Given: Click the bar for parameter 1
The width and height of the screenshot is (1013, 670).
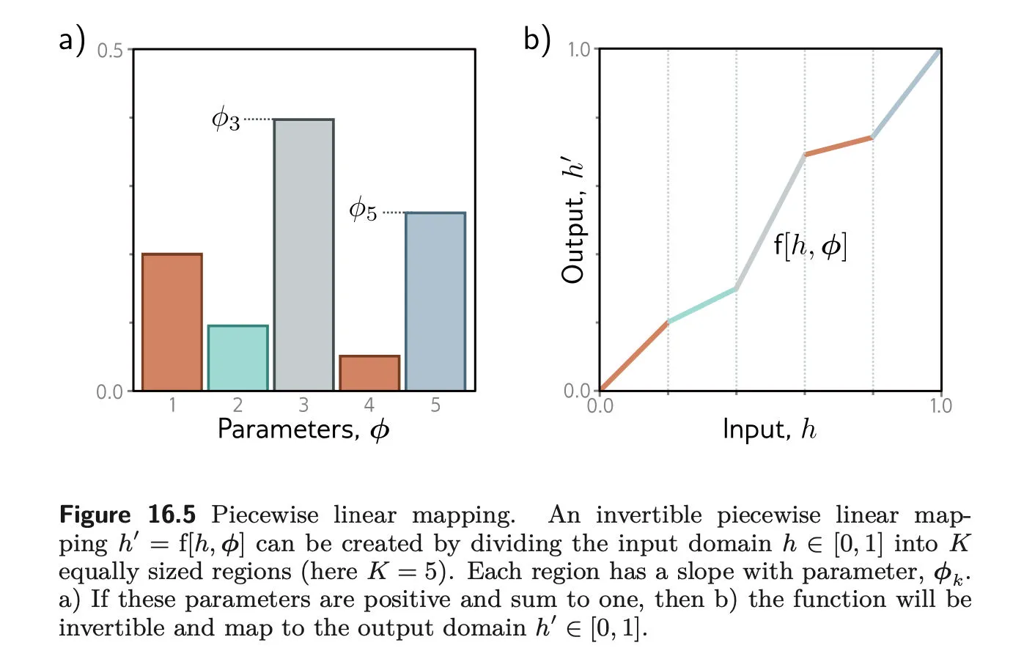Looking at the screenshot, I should point(172,323).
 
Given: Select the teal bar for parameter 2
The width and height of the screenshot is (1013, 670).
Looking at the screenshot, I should point(237,358).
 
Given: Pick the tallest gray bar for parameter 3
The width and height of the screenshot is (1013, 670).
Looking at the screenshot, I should point(303,255).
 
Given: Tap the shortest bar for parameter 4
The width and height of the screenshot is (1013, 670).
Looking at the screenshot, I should point(369,373).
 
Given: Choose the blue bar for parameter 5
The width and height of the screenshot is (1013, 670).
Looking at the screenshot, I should point(435,301).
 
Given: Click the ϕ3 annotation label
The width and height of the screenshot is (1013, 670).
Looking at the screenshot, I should point(226,119).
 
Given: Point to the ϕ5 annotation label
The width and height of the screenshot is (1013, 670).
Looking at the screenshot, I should point(363,210).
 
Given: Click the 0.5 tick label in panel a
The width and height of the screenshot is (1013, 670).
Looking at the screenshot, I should point(110,51).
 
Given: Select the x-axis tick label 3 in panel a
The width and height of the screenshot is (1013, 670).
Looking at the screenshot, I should point(303,405).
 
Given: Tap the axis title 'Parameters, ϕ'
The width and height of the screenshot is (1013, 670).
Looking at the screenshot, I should point(303,430).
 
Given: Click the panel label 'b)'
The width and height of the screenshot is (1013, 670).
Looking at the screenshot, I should point(537,39).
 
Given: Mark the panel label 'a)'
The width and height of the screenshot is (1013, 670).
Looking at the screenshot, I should point(72,39).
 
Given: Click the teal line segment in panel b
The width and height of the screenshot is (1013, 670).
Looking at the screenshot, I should point(701,306).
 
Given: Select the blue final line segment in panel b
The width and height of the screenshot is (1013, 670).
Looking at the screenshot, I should point(907,93).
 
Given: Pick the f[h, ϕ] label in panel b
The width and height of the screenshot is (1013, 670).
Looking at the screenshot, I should point(810,246).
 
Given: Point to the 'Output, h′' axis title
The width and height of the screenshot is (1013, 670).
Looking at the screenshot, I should point(573,220).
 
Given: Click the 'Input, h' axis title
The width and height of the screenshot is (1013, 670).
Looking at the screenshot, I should point(769,430).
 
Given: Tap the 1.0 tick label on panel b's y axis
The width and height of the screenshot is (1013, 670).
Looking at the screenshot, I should point(579,50).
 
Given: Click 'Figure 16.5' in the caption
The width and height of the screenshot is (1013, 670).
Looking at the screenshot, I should point(128,515).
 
